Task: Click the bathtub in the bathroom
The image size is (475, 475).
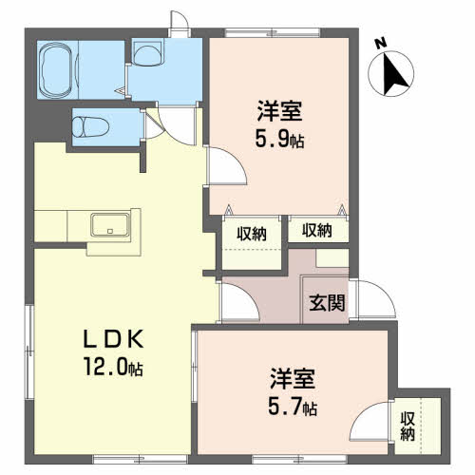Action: click(57, 70)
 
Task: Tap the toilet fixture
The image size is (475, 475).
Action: click(90, 127)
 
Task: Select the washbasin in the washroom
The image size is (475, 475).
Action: click(147, 53)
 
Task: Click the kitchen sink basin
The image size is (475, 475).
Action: click(110, 225)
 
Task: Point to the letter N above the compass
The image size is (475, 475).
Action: click(381, 44)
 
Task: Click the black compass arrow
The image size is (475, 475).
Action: click(393, 75)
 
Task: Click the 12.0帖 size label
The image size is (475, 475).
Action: click(113, 367)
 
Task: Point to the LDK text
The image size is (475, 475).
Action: click(113, 339)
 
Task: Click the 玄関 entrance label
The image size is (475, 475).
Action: click(327, 302)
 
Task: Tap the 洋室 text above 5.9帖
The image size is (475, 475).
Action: click(279, 111)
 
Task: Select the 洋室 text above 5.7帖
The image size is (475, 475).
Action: click(293, 378)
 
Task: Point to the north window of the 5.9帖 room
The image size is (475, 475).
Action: click(273, 32)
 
